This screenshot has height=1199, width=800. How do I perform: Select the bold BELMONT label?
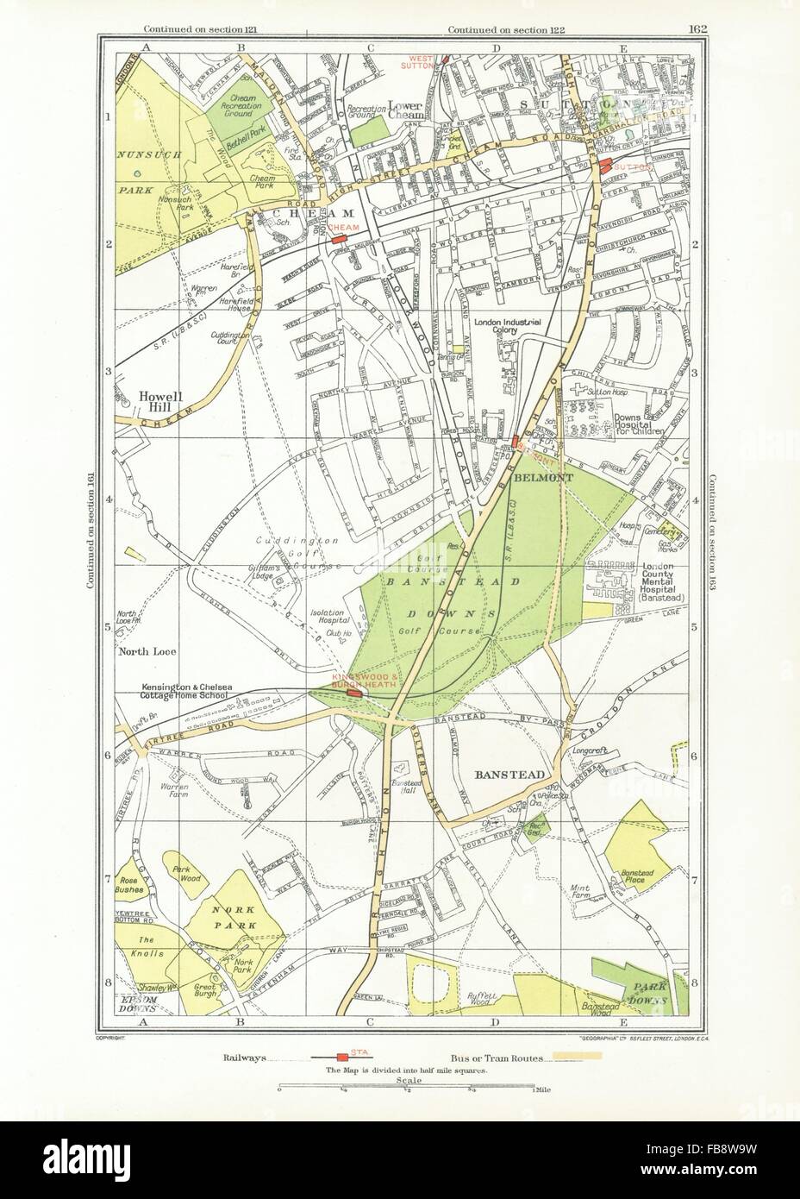click(x=536, y=475)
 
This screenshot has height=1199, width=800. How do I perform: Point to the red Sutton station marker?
click(x=605, y=165)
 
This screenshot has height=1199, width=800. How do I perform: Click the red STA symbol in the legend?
click(x=342, y=1056)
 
